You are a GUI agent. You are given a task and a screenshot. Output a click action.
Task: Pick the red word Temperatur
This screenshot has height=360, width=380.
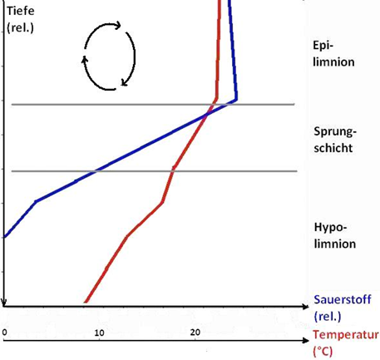click(x=346, y=335)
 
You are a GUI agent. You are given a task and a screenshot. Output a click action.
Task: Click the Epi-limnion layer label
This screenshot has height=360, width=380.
click(x=335, y=53)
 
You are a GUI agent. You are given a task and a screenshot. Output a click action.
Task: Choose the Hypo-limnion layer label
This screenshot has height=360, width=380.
click(x=335, y=235)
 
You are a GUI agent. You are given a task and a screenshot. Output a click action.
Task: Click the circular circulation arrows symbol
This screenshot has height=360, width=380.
click(x=108, y=55)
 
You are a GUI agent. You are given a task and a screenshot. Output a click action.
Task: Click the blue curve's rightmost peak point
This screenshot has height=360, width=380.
click(x=236, y=100)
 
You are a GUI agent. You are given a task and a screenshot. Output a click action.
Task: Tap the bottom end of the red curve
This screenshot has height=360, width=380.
click(x=85, y=303)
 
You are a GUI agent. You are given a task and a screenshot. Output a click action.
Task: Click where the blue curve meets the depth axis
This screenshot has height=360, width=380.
click(x=5, y=237)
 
